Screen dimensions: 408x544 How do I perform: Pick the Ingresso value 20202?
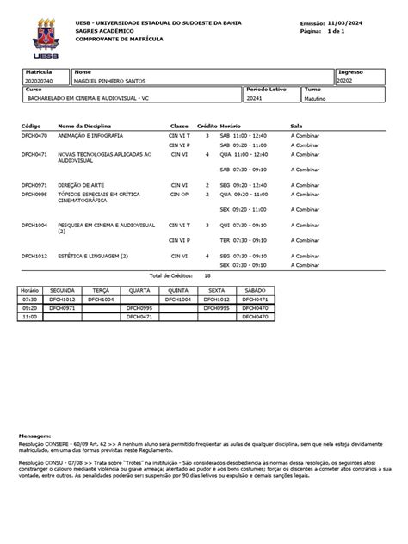(345, 80)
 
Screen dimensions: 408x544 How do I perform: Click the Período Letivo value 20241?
(257, 98)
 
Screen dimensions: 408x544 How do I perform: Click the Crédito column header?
(207, 126)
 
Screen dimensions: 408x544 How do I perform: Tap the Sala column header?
(297, 126)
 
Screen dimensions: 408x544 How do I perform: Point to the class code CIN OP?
(180, 195)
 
